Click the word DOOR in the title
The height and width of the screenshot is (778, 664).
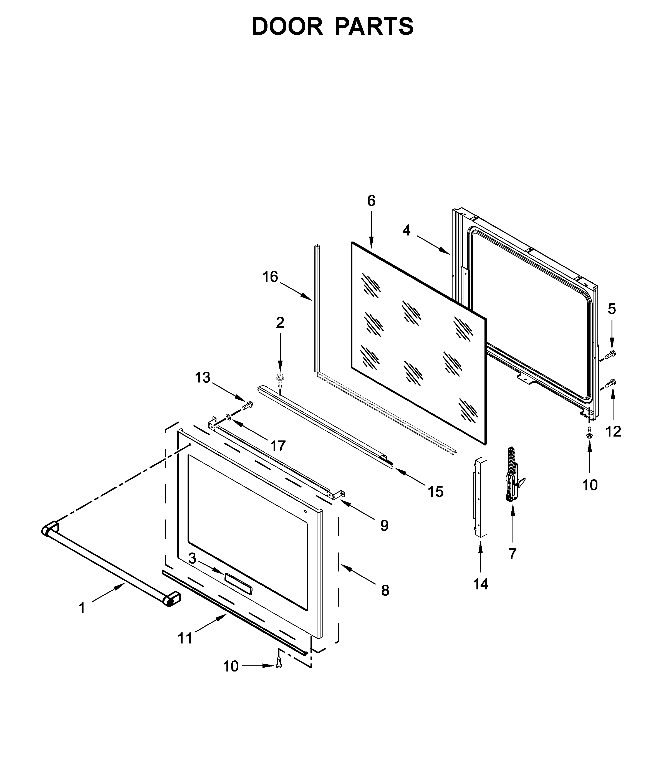tap(287, 27)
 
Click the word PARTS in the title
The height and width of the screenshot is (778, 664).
tap(374, 27)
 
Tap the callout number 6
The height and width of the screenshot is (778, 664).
tap(371, 201)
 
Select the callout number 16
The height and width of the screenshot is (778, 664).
tap(270, 277)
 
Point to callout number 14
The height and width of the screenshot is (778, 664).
tap(481, 584)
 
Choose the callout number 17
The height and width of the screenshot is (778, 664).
tap(278, 446)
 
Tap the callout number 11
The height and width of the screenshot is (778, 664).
tap(185, 638)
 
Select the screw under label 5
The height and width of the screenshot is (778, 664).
tap(612, 353)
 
